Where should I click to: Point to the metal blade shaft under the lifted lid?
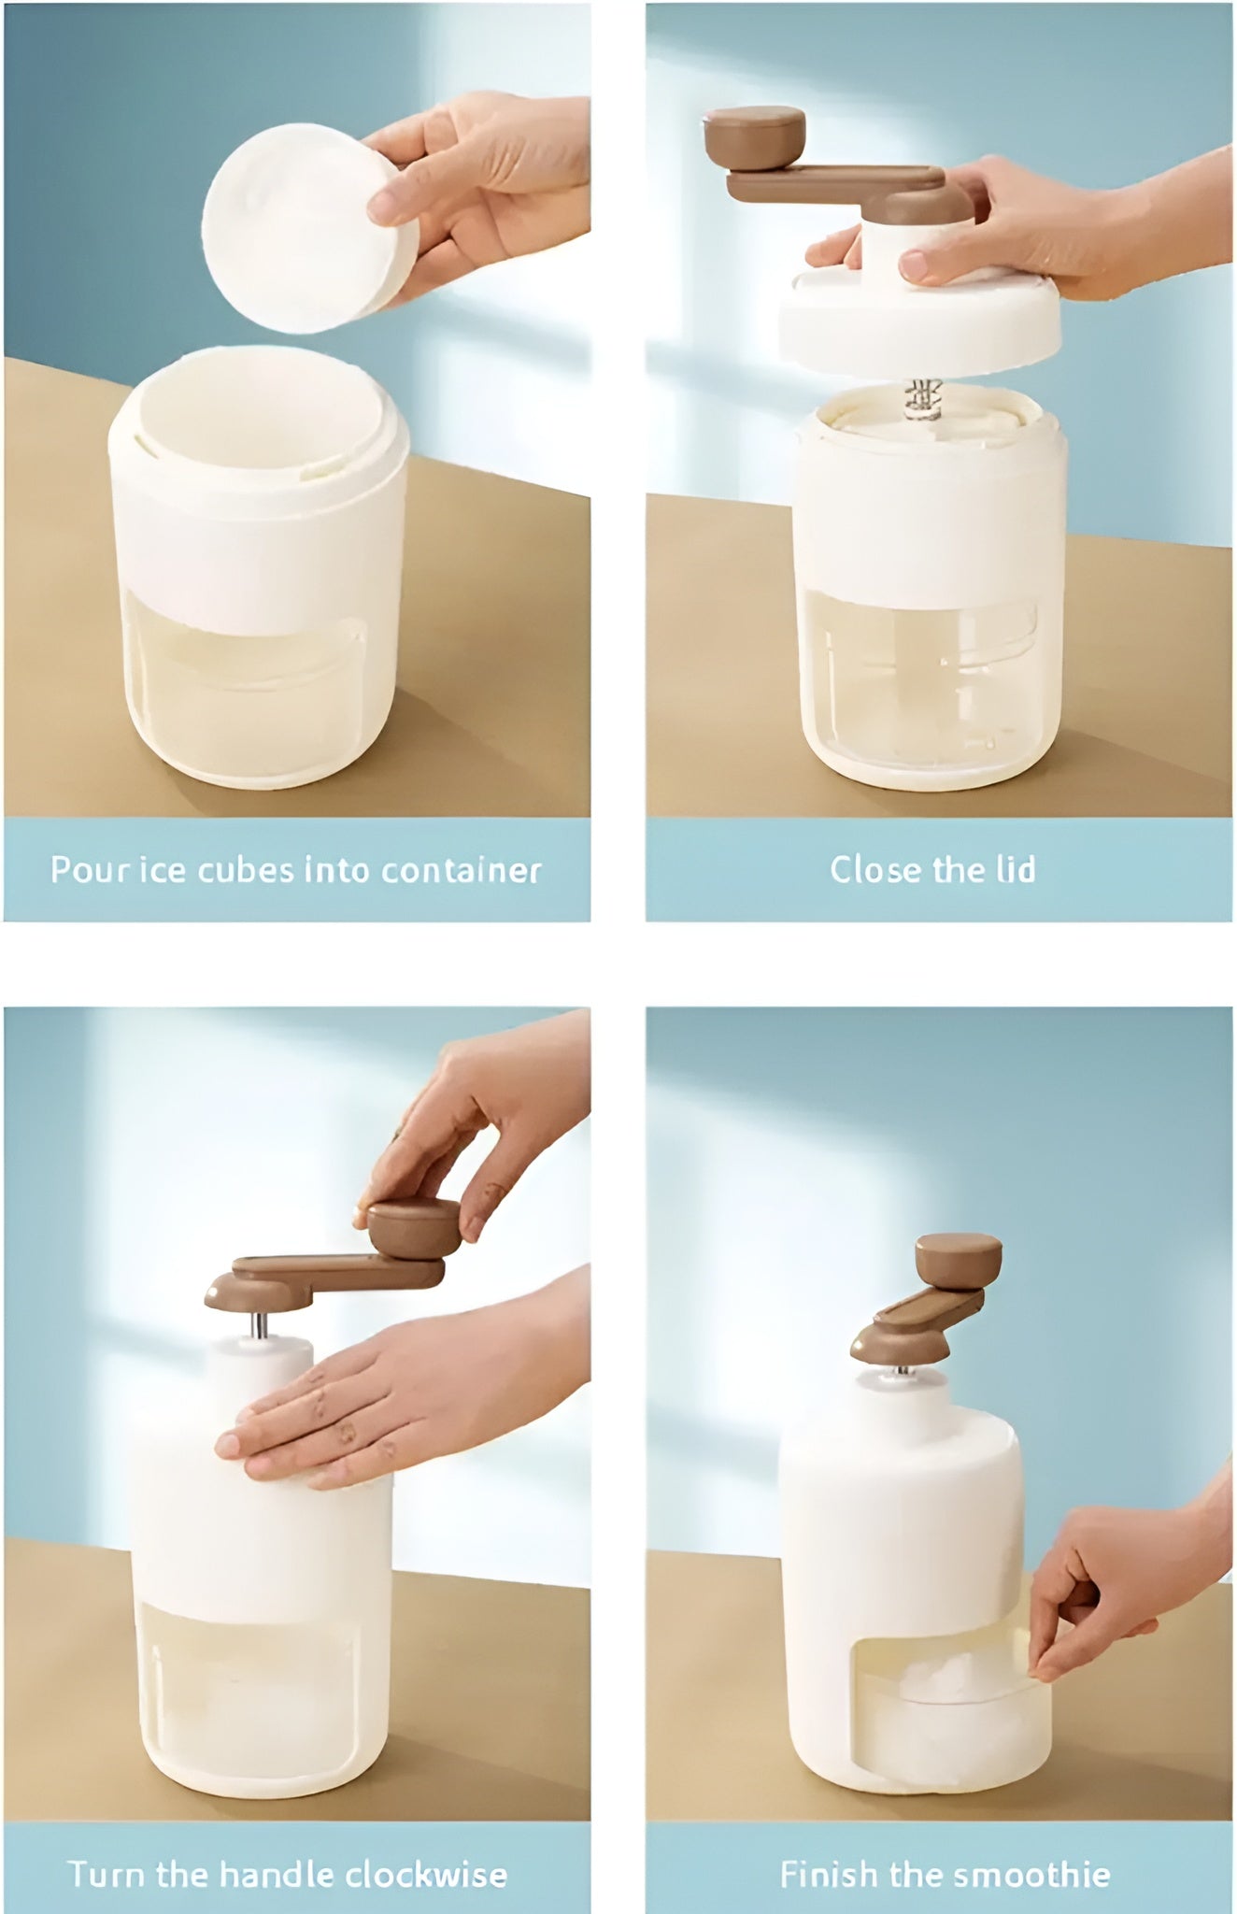pyautogui.click(x=923, y=400)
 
